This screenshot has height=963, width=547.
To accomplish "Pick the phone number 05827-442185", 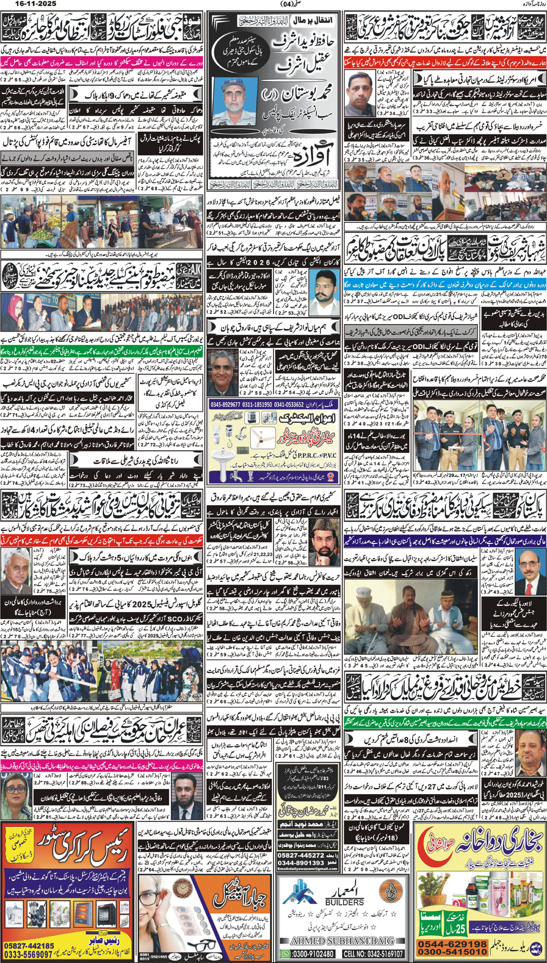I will pos(29,945).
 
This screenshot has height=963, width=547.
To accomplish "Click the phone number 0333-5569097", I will pos(29,954).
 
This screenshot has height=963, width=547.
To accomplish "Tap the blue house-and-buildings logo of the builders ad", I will pos(300,893).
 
